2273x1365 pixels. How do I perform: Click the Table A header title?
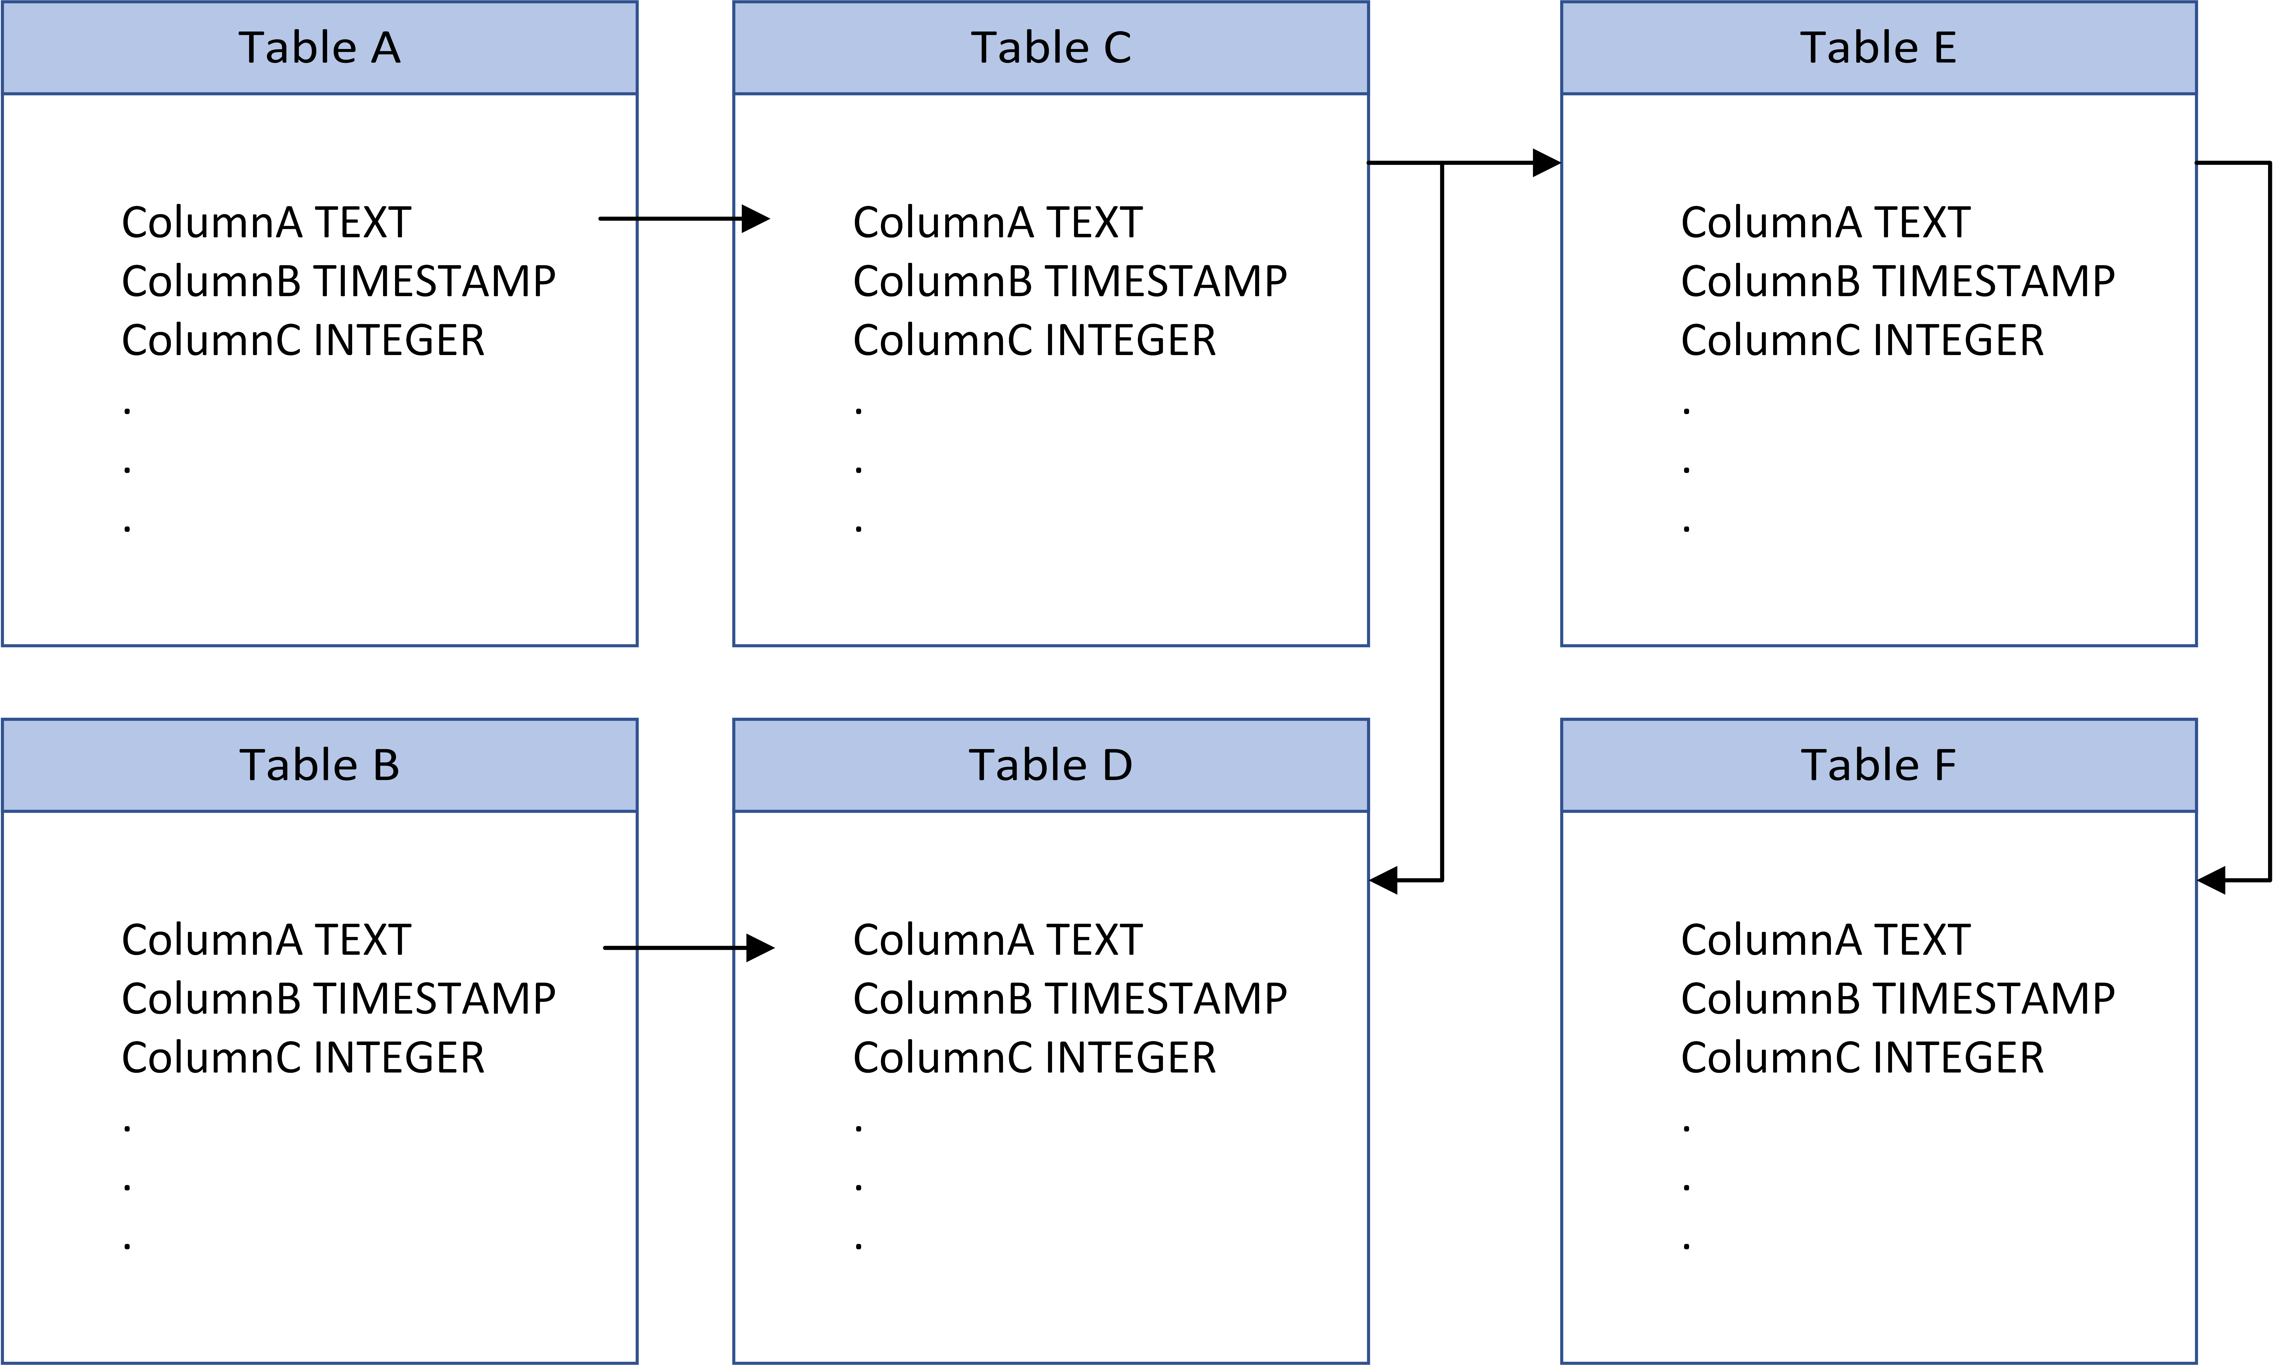click(319, 48)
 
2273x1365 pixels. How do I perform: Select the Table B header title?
click(319, 765)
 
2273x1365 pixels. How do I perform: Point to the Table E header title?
click(1878, 48)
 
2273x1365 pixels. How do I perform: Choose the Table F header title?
click(1878, 765)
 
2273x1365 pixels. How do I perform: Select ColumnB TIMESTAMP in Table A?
click(339, 281)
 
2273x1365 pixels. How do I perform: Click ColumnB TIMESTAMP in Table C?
click(1070, 281)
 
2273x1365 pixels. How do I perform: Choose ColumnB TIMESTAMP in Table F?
click(1898, 999)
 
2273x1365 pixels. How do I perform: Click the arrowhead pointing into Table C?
click(756, 219)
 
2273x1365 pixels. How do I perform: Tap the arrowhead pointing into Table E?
click(1547, 163)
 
